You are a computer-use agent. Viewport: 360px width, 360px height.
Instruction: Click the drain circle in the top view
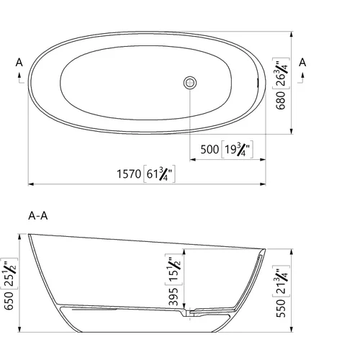pyautogui.click(x=190, y=83)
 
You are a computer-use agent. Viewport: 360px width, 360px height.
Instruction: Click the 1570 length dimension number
pyautogui.click(x=129, y=174)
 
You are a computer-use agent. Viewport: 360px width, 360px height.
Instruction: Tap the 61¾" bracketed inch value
pyautogui.click(x=159, y=174)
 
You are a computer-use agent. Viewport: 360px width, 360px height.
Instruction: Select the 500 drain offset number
pyautogui.click(x=210, y=150)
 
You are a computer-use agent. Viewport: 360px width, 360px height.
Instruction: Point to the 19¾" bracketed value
pyautogui.click(x=237, y=149)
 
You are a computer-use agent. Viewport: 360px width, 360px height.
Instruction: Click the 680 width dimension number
pyautogui.click(x=281, y=100)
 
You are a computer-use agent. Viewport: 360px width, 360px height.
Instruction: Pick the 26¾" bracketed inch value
pyautogui.click(x=281, y=73)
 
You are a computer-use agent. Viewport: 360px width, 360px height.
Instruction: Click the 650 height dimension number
pyautogui.click(x=9, y=301)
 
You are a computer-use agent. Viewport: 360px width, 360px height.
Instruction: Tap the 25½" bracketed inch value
pyautogui.click(x=9, y=274)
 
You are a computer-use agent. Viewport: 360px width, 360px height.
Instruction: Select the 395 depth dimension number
pyautogui.click(x=174, y=297)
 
